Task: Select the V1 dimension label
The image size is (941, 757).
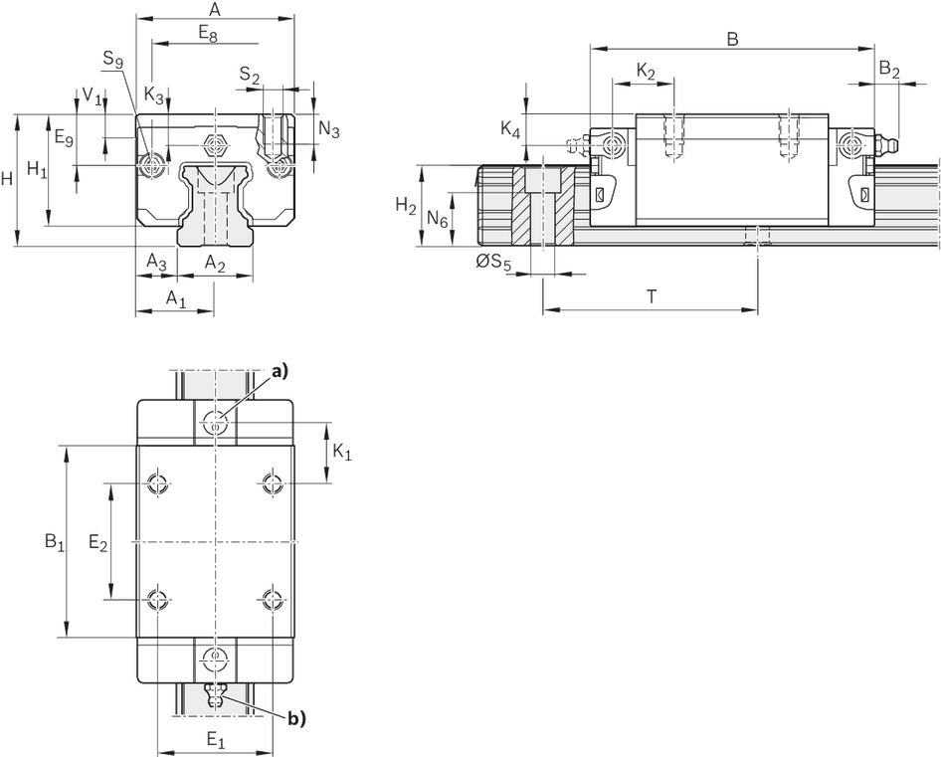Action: coord(89,95)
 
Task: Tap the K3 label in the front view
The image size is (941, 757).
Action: coord(154,95)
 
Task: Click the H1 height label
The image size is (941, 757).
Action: coord(35,168)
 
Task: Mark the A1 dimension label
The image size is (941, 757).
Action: coord(174,297)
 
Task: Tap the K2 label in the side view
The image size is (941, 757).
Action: coord(646,72)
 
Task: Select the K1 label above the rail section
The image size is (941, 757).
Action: coord(510,129)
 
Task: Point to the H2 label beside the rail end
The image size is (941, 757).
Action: coord(402,205)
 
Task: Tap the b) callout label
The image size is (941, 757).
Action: coord(296,715)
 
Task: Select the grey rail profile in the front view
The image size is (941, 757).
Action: coord(213,204)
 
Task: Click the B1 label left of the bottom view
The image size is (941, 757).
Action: coord(53,540)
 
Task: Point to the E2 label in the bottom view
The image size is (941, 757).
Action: coord(96,542)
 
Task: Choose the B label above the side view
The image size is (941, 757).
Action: coord(732,38)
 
